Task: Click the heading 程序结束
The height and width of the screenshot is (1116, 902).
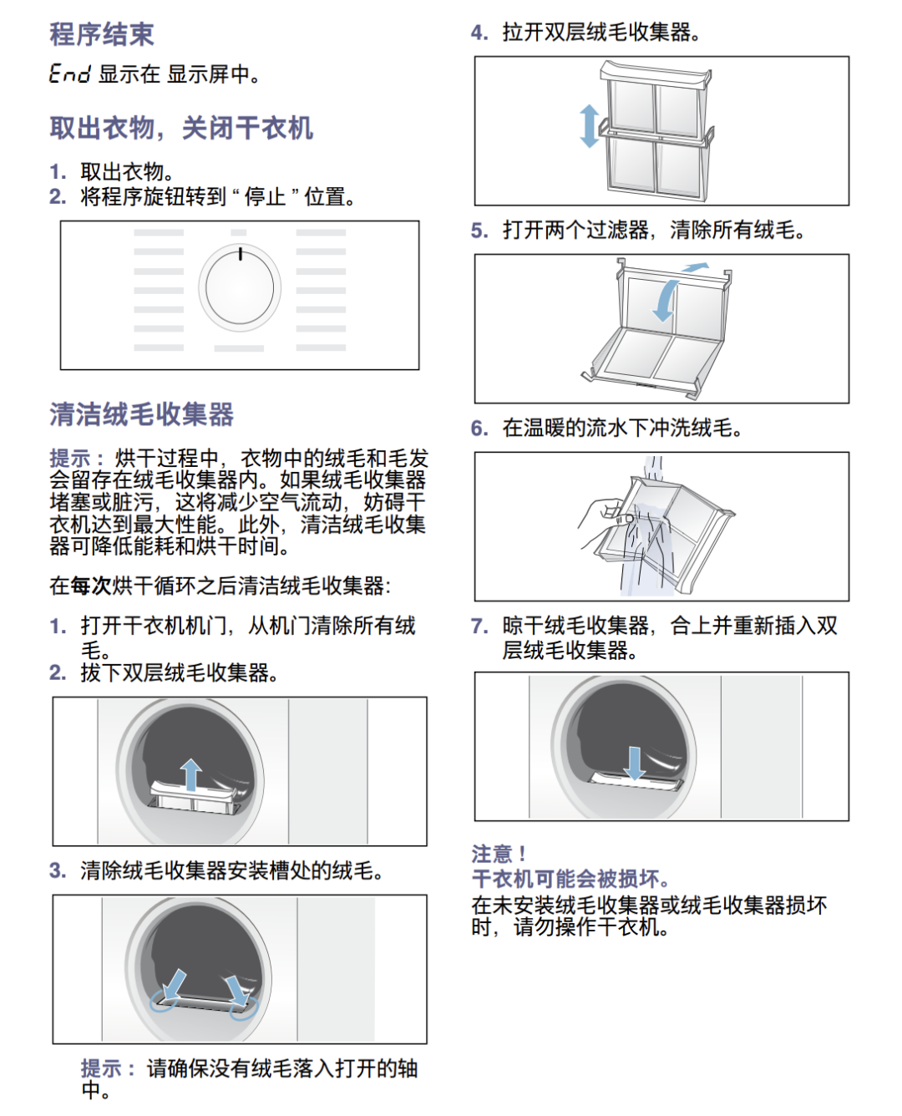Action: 102,34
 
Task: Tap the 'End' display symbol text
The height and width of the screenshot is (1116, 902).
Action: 70,74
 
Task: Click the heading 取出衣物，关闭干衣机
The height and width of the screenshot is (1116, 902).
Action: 181,129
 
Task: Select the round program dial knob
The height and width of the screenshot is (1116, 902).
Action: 240,287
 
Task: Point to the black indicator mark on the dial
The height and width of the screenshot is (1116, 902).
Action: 241,254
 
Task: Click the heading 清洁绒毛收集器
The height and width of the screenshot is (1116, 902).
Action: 141,414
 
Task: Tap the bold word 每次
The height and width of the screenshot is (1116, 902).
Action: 91,586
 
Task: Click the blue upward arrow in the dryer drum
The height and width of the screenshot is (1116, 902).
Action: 191,774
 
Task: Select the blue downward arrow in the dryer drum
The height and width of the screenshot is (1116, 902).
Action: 635,763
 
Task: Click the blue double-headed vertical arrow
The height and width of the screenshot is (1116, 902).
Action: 590,126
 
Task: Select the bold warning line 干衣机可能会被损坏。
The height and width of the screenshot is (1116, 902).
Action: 570,879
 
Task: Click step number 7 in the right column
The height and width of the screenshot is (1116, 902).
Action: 479,626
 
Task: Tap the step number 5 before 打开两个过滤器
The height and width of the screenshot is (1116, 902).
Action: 479,231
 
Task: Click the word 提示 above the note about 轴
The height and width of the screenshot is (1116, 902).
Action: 101,1068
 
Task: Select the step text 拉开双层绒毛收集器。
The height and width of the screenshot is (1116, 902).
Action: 601,33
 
